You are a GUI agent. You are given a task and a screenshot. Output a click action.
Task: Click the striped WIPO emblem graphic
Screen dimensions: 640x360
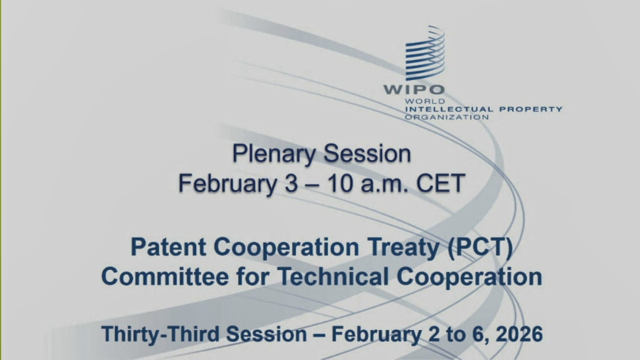pos(425,53)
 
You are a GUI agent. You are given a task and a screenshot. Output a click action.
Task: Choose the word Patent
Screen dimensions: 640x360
pos(168,247)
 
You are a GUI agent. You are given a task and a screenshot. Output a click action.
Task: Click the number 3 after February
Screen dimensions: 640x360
pos(291,183)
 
